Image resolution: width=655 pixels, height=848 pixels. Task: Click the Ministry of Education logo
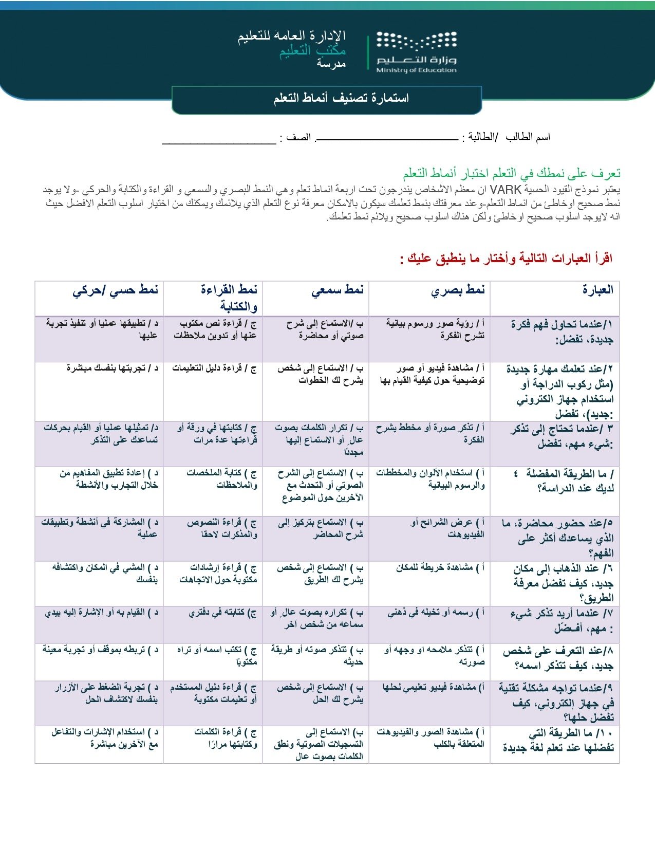416,52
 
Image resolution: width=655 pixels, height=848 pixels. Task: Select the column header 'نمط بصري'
458,290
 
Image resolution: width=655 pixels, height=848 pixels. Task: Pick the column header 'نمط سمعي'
338,290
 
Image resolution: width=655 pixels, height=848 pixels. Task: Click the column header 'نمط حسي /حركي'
115,290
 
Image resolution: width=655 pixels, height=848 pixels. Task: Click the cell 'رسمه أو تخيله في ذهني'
436,613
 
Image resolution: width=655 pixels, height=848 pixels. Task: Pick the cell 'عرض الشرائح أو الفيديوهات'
447,528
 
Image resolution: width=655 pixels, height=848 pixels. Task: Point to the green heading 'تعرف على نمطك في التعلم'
512,173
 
